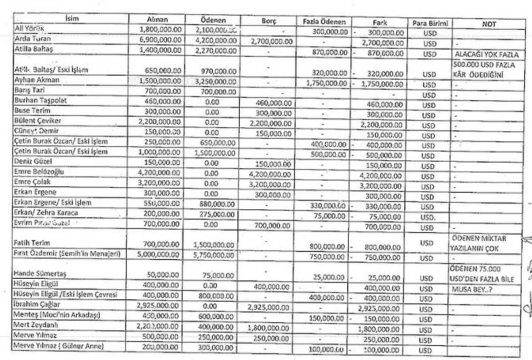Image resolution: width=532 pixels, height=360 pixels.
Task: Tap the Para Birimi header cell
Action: coord(429,24)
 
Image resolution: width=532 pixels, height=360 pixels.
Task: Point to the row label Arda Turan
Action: coord(32,39)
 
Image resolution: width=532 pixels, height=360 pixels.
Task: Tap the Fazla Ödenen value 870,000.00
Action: coord(326,52)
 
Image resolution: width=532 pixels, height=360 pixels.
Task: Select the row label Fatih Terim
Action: coord(34,244)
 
